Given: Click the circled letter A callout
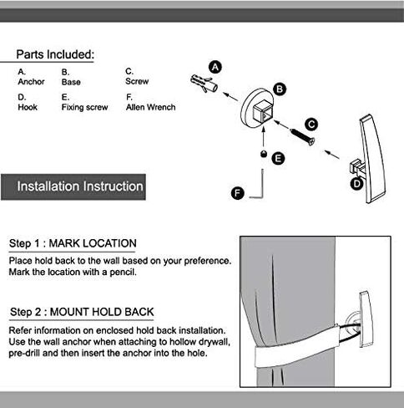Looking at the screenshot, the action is click(x=215, y=68).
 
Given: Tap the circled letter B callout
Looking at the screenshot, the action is click(x=280, y=89).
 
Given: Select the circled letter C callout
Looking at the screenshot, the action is click(x=311, y=125).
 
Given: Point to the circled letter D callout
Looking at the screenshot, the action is click(x=356, y=184).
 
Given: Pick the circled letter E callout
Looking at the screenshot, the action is click(x=278, y=159).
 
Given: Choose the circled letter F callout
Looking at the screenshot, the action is click(x=238, y=193).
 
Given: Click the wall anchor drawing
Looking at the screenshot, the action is click(x=204, y=83).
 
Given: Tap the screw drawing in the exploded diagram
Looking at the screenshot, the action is click(x=302, y=137).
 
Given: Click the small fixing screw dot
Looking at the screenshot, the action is click(x=263, y=154).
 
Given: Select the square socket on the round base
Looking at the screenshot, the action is click(x=262, y=111).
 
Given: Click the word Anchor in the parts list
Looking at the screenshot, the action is click(x=31, y=82).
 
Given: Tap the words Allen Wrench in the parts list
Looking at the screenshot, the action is click(x=150, y=107).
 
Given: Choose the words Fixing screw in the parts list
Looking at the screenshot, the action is click(x=84, y=108).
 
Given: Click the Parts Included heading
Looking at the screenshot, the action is click(x=55, y=54).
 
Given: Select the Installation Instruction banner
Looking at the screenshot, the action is click(x=73, y=186).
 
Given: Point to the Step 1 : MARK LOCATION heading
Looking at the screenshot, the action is click(x=73, y=243).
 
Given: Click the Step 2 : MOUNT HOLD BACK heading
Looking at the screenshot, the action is click(x=82, y=312).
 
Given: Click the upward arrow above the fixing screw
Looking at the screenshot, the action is click(x=263, y=136).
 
